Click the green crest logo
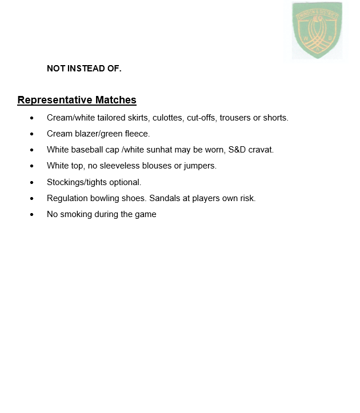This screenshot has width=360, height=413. click(x=317, y=30)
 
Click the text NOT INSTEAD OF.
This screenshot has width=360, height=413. click(x=84, y=69)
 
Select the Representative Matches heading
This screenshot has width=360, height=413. click(x=77, y=100)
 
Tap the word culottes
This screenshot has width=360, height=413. click(x=168, y=118)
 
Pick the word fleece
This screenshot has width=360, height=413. click(x=137, y=134)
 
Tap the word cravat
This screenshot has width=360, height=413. click(x=261, y=150)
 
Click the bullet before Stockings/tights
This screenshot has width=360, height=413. click(x=33, y=183)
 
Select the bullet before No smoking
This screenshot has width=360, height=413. click(x=33, y=215)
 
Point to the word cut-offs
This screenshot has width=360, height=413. click(x=202, y=118)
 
